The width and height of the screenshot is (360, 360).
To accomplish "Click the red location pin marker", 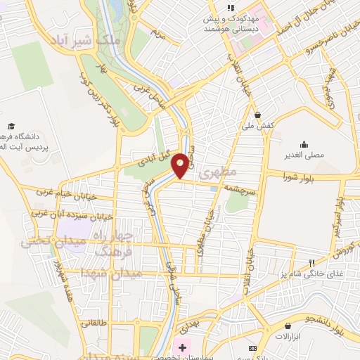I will (x=181, y=165).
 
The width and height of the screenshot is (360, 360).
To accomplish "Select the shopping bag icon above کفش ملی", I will (x=258, y=115).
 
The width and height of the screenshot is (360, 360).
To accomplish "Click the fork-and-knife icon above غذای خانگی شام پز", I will (x=312, y=264).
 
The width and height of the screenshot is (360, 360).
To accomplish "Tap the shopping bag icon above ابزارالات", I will (x=288, y=326).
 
